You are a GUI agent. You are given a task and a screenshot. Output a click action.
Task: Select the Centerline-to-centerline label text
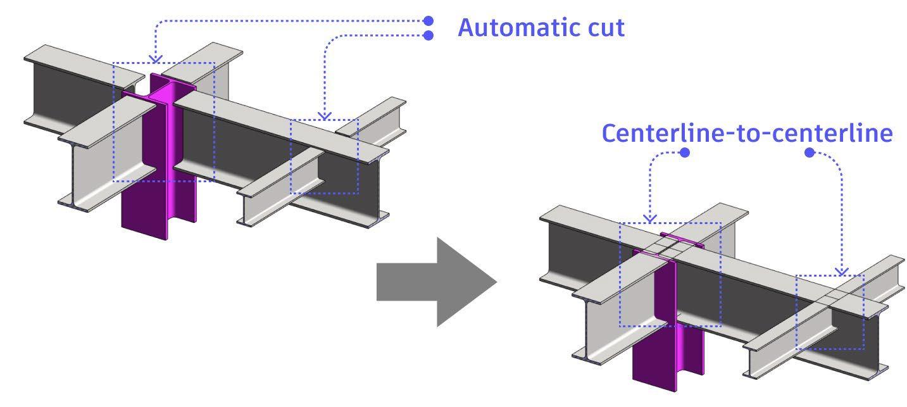747,134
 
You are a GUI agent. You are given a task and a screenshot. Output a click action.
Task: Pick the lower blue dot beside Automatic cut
428,35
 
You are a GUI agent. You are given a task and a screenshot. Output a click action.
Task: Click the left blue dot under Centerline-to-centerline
684,153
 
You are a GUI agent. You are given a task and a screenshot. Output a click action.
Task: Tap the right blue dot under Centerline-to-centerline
809,153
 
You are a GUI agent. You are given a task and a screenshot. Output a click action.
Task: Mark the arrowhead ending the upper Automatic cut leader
156,59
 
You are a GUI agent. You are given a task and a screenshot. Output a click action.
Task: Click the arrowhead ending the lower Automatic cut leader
324,116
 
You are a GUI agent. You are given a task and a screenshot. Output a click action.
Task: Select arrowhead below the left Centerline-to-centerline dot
651,218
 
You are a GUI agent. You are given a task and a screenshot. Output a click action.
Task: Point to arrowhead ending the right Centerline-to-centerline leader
842,272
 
